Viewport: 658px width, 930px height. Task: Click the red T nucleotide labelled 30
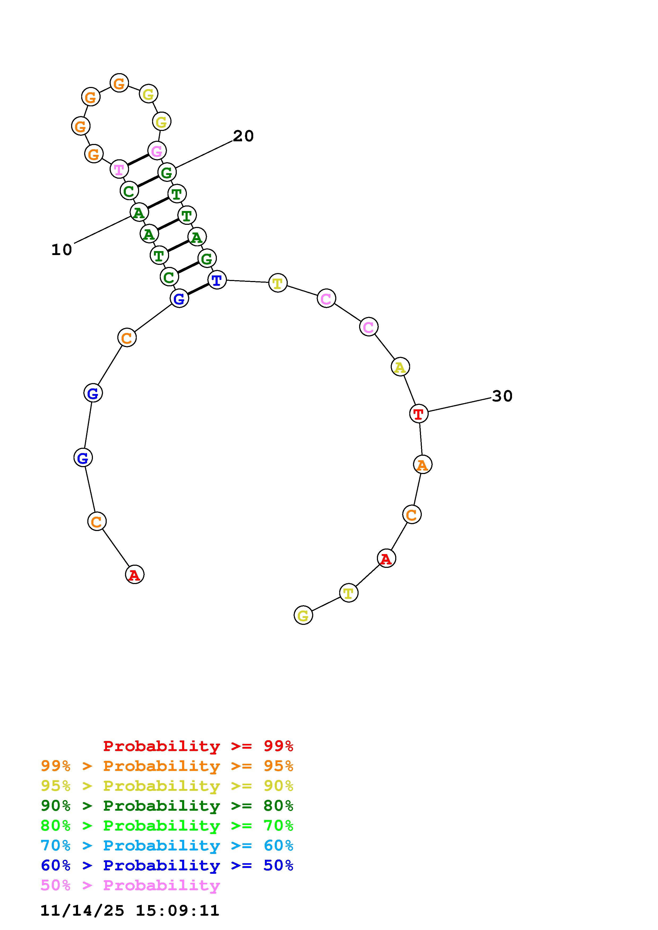(419, 414)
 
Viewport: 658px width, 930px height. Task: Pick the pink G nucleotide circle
(157, 151)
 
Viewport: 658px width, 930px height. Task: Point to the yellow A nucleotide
(400, 367)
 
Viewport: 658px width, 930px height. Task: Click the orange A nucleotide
(423, 464)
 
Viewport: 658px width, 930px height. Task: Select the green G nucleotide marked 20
(167, 172)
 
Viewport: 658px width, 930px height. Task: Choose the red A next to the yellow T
(386, 559)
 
